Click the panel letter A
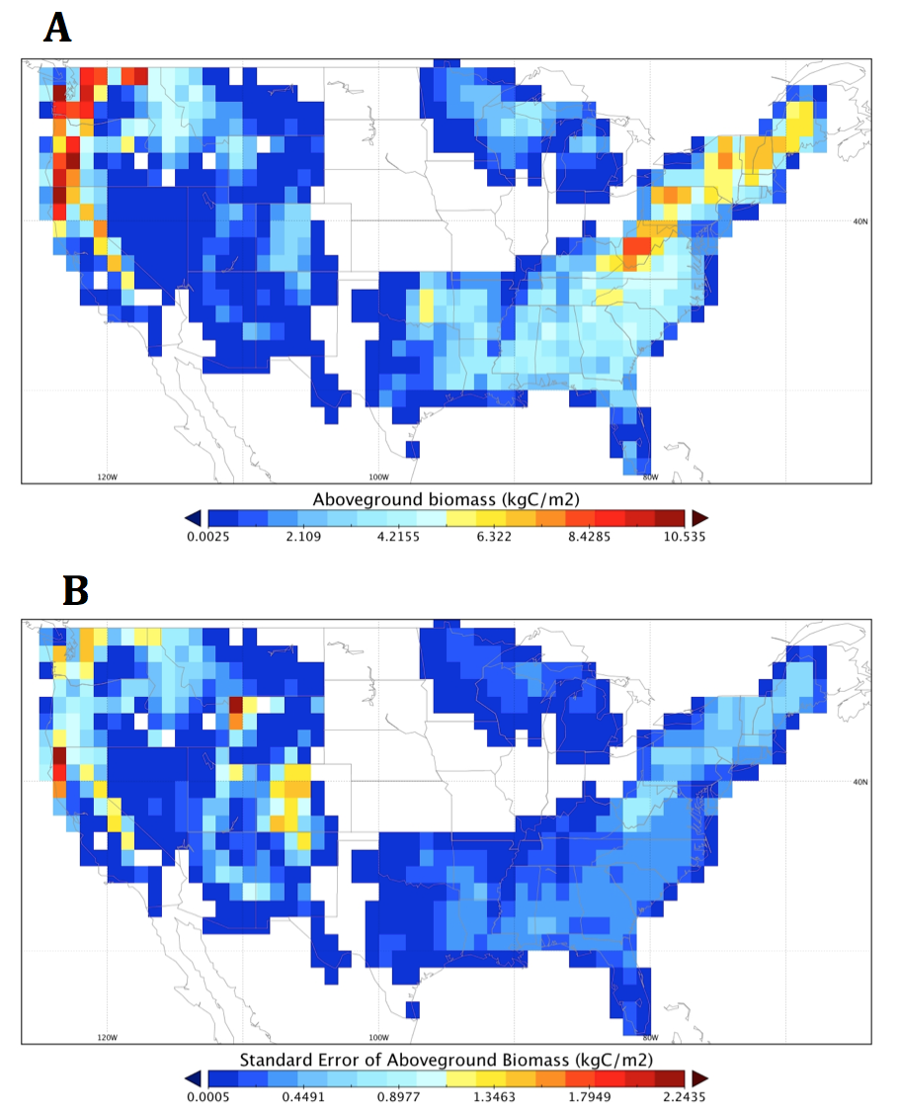pos(58,28)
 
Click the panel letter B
pos(75,590)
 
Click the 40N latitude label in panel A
pos(857,221)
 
